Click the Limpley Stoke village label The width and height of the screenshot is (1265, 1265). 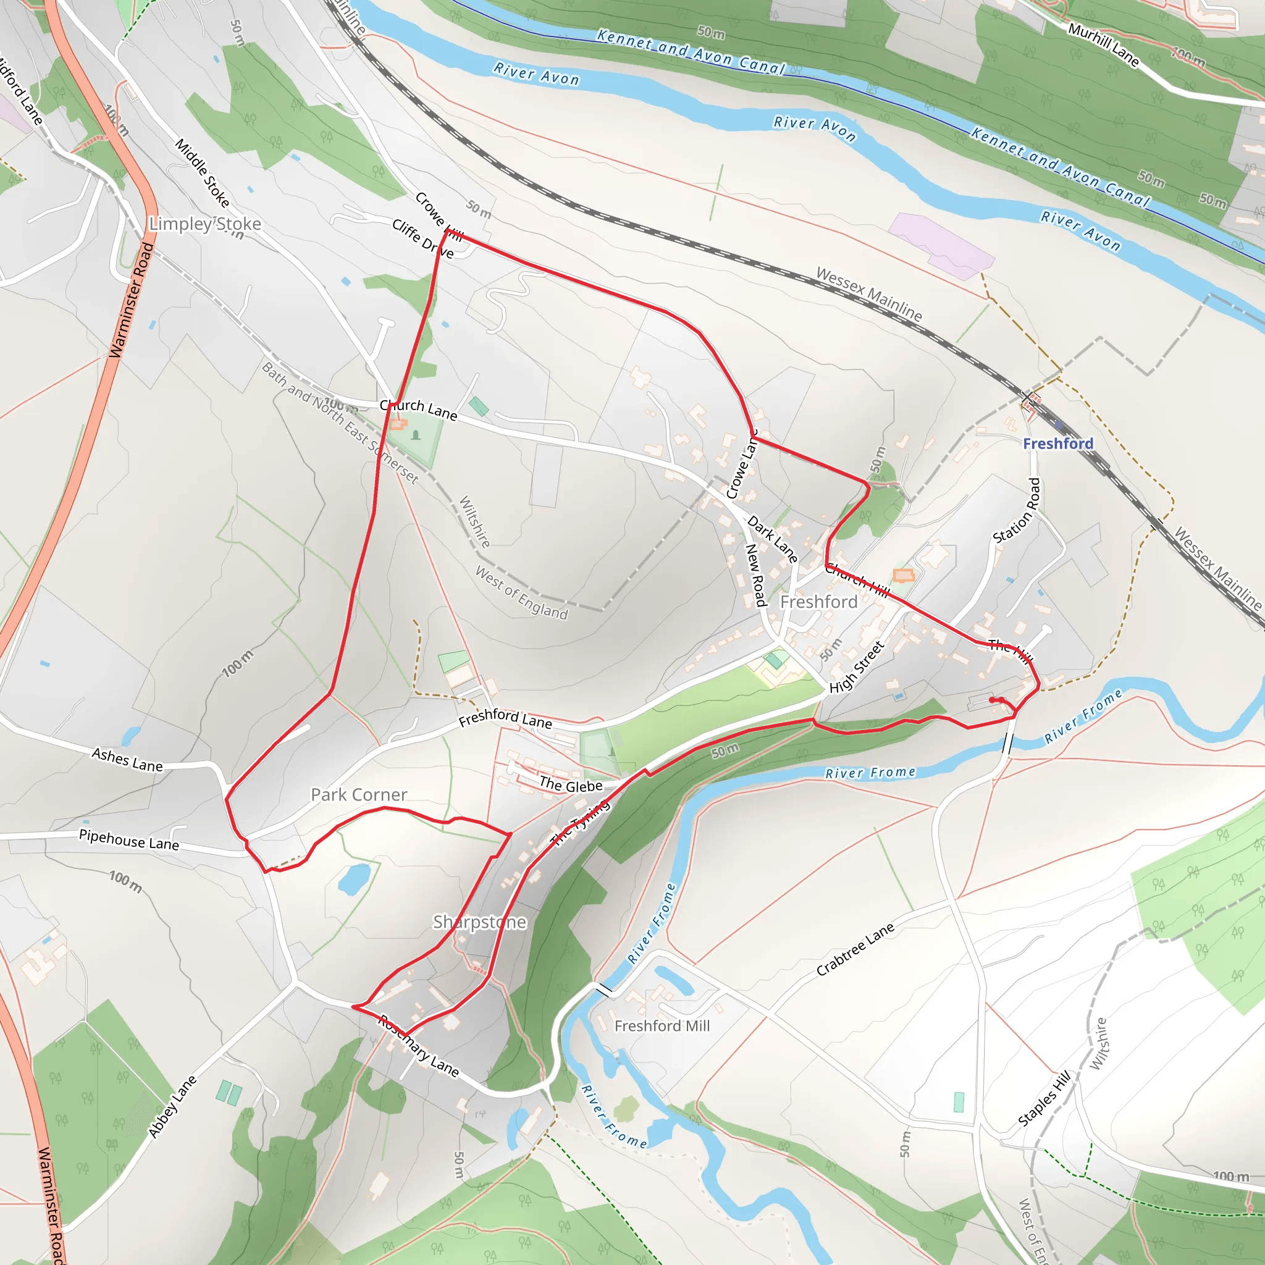(x=205, y=224)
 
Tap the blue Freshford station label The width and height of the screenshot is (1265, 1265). (x=1058, y=443)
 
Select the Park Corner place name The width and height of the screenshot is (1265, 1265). (x=359, y=794)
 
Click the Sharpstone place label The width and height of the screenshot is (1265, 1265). (x=479, y=922)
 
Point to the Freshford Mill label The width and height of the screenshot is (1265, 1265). (x=662, y=1026)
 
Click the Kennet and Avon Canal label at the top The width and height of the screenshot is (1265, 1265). (x=690, y=51)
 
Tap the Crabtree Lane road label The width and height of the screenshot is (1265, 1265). (x=855, y=949)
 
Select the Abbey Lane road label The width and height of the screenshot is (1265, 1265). (x=172, y=1106)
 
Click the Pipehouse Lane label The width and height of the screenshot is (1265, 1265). (x=129, y=839)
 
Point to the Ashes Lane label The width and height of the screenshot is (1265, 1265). (x=127, y=760)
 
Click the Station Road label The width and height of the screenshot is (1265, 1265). (x=1017, y=511)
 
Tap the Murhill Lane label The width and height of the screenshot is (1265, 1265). (x=1104, y=44)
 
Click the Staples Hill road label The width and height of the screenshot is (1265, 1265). (x=1044, y=1098)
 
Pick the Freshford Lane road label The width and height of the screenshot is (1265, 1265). (x=505, y=718)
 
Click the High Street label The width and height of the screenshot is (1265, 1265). (x=857, y=668)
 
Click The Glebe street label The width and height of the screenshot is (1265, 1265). (x=570, y=785)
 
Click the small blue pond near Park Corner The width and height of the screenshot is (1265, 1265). (x=354, y=879)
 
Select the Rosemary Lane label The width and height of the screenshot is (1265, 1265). (x=418, y=1046)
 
